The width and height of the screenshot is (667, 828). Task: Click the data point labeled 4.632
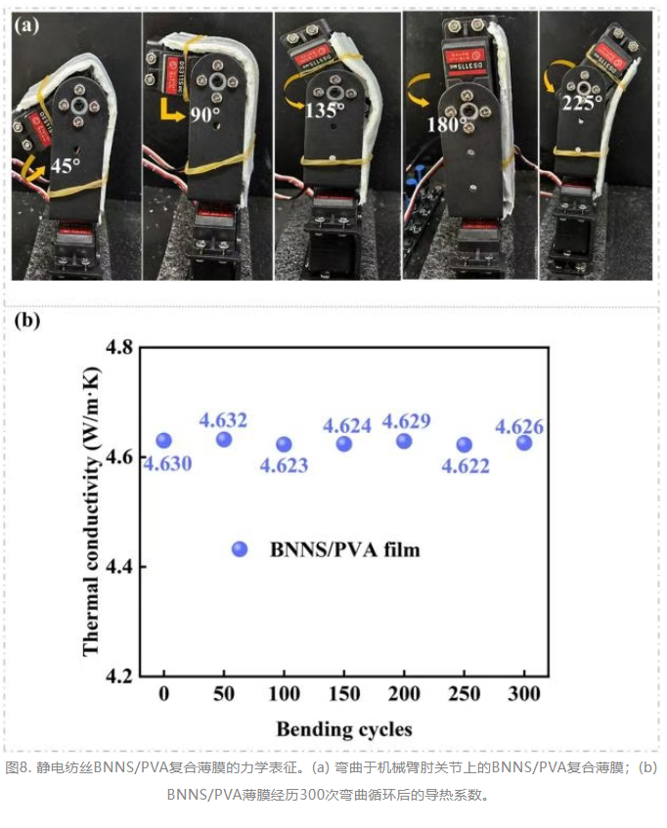click(224, 439)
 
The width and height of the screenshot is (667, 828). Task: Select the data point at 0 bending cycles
click(163, 441)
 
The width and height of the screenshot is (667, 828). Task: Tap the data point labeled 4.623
click(285, 445)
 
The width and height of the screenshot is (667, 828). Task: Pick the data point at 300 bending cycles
click(524, 443)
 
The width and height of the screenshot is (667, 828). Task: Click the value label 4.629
click(406, 421)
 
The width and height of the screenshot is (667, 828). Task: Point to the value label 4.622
click(466, 465)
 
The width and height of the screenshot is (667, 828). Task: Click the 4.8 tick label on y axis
click(119, 348)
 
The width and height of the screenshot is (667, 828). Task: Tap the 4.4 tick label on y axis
click(119, 567)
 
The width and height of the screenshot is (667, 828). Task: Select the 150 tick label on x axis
click(344, 693)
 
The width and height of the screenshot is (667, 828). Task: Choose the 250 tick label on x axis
click(465, 693)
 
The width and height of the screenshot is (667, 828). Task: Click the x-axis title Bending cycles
click(344, 729)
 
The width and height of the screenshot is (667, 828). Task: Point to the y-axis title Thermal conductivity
click(91, 510)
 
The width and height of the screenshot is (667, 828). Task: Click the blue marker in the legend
click(240, 549)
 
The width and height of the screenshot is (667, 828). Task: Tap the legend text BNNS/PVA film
click(345, 549)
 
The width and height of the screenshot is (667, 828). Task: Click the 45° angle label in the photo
click(66, 165)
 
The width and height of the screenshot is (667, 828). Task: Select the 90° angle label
click(204, 114)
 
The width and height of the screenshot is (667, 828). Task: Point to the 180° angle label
click(444, 124)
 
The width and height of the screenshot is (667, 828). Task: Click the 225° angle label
click(582, 103)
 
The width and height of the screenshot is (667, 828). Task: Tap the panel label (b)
click(27, 320)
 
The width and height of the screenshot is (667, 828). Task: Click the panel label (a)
click(26, 24)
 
